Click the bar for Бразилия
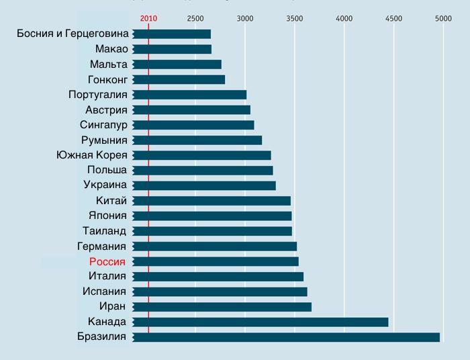click(286, 337)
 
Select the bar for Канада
click(261, 322)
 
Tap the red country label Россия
click(107, 261)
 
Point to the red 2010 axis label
click(148, 18)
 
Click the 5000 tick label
click(442, 18)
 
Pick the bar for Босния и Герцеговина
click(171, 34)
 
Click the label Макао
click(111, 49)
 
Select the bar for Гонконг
click(179, 80)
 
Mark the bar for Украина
click(204, 185)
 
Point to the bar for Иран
click(222, 307)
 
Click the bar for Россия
click(216, 261)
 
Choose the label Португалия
click(97, 95)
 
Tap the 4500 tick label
click(393, 18)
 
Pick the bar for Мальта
click(177, 64)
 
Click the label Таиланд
click(103, 231)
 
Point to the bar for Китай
click(211, 201)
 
